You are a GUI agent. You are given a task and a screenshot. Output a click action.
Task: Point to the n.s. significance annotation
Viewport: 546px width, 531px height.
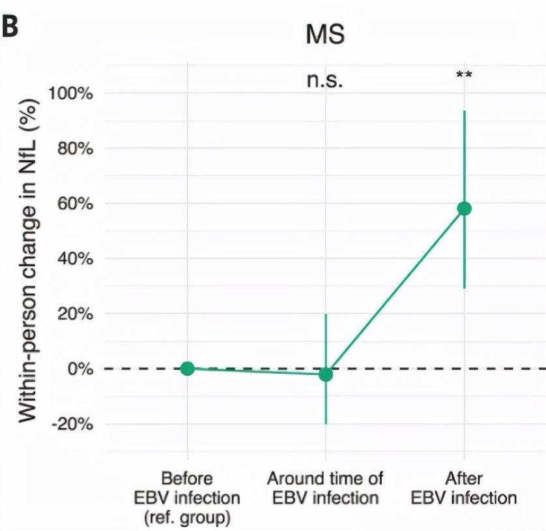pyautogui.click(x=324, y=80)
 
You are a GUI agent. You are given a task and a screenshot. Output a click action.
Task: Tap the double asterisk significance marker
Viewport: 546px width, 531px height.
pyautogui.click(x=464, y=75)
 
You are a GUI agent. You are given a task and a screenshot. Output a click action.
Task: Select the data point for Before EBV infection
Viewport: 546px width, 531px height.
pyautogui.click(x=187, y=369)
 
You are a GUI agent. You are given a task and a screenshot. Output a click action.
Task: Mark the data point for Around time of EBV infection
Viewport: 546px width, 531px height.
pyautogui.click(x=326, y=374)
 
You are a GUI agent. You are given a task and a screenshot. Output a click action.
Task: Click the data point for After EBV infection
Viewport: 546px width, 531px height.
pyautogui.click(x=464, y=208)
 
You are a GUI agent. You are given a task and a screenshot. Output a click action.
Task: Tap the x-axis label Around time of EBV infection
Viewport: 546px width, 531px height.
pyautogui.click(x=325, y=488)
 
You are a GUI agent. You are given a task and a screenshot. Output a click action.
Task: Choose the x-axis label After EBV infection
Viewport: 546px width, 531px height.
pyautogui.click(x=464, y=488)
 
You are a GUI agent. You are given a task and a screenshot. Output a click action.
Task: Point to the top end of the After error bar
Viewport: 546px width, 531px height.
pyautogui.click(x=464, y=112)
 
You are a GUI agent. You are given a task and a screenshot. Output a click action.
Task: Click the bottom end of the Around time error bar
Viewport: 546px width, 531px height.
pyautogui.click(x=326, y=423)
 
